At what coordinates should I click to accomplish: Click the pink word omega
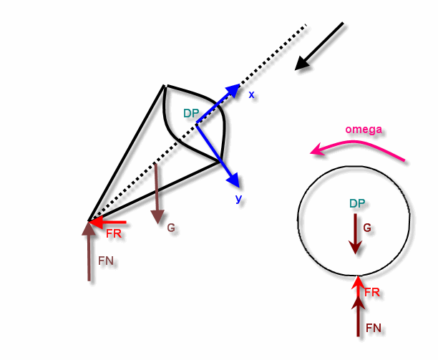pos(364,130)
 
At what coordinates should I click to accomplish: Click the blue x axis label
pos(251,95)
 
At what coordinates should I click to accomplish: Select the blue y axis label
pos(238,199)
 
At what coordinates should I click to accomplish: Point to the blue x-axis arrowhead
pos(233,90)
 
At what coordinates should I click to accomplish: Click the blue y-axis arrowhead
pos(234,180)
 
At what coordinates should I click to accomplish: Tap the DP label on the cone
pos(191,113)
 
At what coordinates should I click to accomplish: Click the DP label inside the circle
pos(357,203)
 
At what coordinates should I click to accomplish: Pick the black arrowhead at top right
pos(302,63)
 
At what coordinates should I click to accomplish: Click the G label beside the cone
pos(171,228)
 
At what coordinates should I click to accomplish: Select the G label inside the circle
pos(367,228)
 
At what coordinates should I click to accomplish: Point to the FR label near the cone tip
pos(114,234)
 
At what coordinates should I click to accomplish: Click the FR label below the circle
pos(372,293)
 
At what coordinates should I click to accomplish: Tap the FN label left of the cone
pos(106,261)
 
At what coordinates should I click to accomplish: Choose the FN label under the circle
pos(374,328)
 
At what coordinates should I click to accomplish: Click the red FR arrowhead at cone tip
pos(95,223)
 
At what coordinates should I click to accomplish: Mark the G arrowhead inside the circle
pos(356,248)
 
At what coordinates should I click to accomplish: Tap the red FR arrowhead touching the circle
pos(359,281)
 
